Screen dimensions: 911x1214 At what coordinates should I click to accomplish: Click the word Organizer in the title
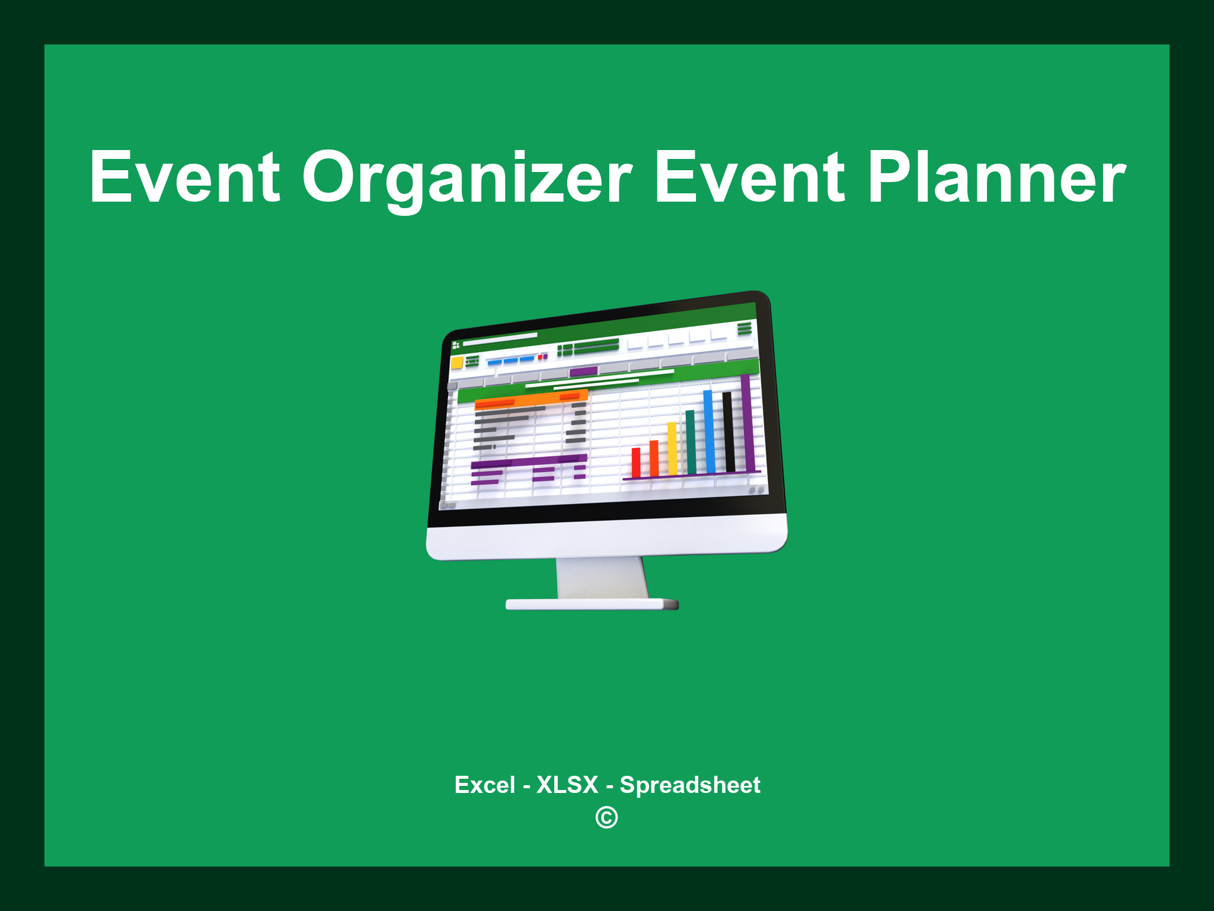pos(467,178)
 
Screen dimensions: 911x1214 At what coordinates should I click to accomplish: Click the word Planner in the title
pos(996,178)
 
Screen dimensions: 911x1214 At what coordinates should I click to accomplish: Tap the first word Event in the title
pos(184,178)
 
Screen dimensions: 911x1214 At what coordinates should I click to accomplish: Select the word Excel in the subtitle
pos(484,785)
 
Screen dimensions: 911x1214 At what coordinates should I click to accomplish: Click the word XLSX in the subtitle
pos(567,785)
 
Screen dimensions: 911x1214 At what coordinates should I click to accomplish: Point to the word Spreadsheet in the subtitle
pos(689,785)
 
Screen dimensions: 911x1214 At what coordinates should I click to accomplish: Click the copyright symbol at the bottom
pos(606,817)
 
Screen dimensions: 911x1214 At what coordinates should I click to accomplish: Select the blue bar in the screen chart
pos(708,431)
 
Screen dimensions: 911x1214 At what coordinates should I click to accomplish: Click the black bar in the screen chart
pos(729,432)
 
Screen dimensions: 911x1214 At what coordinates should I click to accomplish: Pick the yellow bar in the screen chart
pos(672,448)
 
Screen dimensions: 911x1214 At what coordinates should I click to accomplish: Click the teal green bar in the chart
pos(691,442)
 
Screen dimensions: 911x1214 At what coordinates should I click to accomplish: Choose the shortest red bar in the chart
pos(636,463)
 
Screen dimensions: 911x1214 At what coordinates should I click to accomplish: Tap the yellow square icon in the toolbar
pos(456,363)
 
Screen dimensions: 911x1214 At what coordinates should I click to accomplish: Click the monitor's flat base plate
pos(591,604)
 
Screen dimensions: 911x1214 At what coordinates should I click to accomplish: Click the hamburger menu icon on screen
pos(745,328)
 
